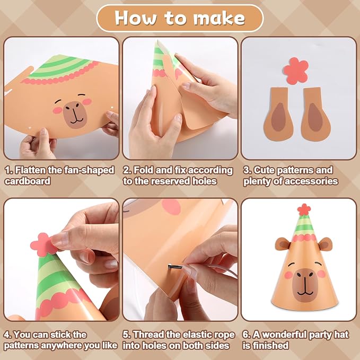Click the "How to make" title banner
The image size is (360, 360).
pos(180,18)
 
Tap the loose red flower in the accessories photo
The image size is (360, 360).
pos(296,71)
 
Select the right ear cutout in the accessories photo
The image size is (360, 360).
pos(315,115)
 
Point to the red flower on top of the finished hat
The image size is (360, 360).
pos(304,209)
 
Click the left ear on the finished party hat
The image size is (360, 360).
pos(283,244)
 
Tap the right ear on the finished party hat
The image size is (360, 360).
pos(325,244)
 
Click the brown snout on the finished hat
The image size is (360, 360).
pos(305,285)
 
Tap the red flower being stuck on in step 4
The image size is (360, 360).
pos(43,244)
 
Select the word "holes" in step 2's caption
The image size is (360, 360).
pos(204,181)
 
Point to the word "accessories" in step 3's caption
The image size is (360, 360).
pos(311,181)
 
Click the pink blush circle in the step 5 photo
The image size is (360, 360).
pos(171,207)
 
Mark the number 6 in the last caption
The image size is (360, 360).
pos(245,335)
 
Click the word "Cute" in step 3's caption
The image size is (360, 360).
pos(264,170)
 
